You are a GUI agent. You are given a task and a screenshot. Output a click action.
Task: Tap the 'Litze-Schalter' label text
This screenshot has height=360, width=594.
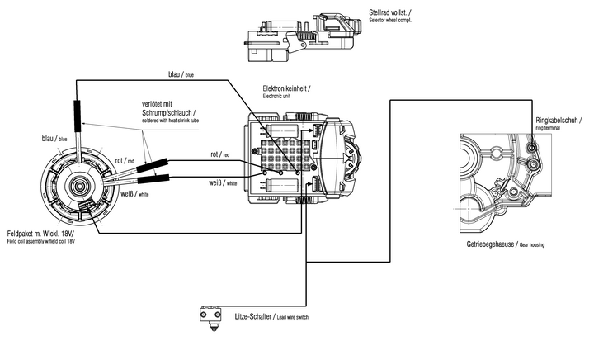252,316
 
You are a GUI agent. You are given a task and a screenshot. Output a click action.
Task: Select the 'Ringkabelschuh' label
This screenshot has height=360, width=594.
557,120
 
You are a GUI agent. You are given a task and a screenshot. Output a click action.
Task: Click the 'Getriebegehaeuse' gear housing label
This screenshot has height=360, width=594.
490,244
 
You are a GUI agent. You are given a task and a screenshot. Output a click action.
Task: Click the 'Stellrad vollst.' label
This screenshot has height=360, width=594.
389,12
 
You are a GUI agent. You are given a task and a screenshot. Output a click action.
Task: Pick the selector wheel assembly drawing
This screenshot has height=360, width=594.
301,37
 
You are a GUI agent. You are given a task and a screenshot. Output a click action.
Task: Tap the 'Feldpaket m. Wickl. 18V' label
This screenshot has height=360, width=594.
40,233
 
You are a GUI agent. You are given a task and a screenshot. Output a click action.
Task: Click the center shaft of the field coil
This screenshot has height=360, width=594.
80,186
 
